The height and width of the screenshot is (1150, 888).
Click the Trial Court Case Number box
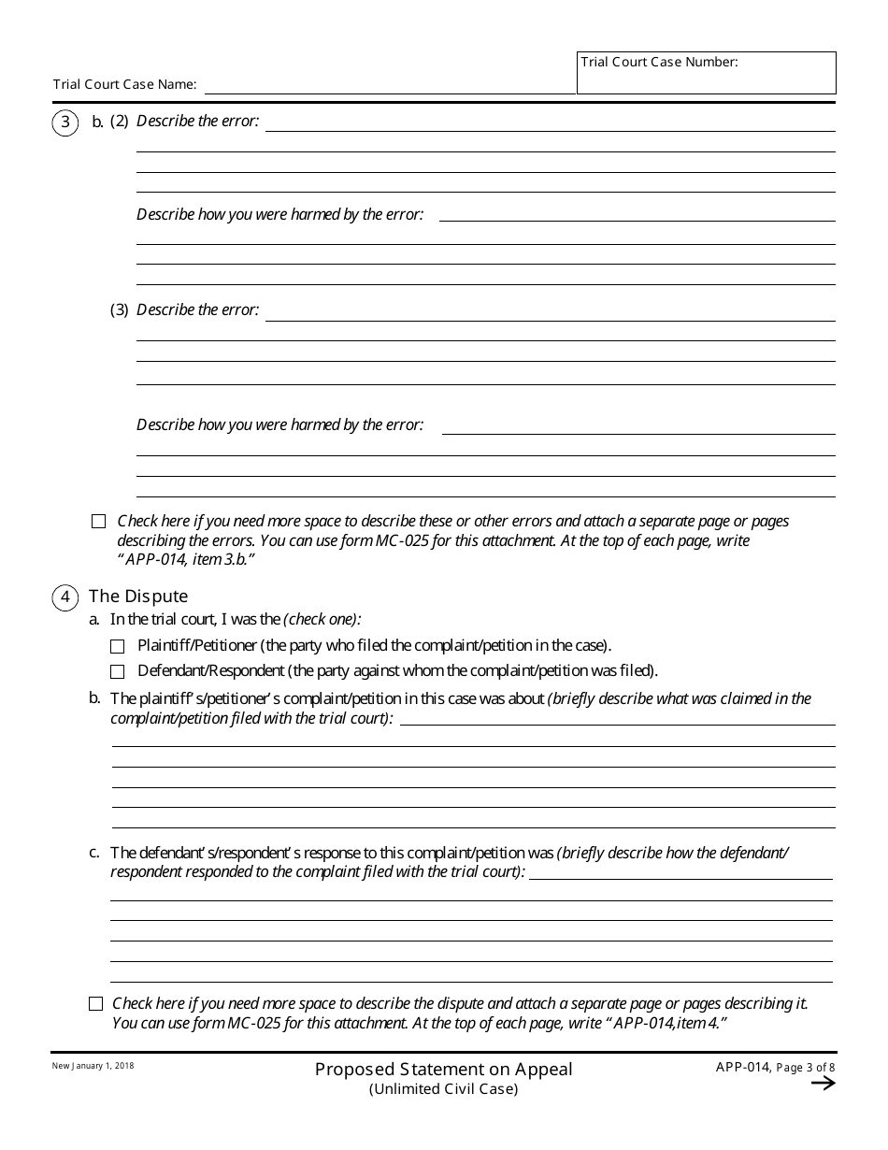706,73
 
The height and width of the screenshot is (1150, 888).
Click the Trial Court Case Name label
124,84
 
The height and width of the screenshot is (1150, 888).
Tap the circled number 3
65,122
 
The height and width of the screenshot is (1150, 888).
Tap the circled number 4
65,597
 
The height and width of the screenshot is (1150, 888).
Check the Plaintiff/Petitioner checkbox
118,646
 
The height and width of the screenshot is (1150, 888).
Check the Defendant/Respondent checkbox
118,671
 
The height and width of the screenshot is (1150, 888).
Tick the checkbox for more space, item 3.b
99,522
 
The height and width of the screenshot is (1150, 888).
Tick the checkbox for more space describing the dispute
96,1004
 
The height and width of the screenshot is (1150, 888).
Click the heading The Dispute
138,597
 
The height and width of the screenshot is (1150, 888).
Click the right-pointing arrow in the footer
823,1084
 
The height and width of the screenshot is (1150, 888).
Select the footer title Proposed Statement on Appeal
443,1069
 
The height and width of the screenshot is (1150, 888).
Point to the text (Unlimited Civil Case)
443,1088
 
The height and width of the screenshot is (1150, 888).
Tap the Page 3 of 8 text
807,1069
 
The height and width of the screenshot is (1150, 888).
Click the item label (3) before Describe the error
120,310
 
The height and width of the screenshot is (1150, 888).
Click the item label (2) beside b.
120,122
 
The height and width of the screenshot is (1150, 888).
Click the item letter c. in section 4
94,852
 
